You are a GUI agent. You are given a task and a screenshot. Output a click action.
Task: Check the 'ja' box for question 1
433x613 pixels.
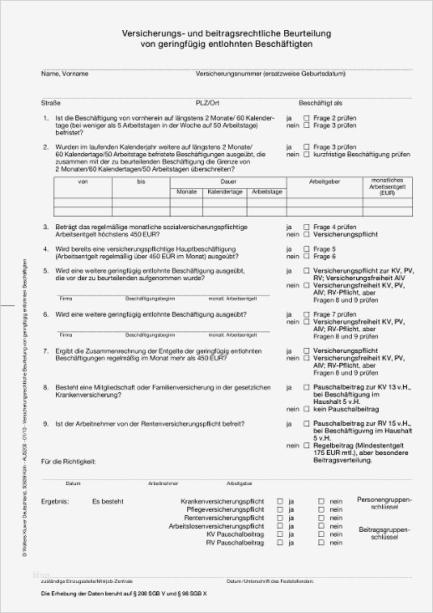click(306, 119)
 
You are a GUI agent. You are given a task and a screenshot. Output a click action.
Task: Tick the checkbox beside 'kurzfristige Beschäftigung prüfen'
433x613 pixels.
click(306, 155)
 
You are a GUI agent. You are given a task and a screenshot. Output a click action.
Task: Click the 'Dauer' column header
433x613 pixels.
click(228, 181)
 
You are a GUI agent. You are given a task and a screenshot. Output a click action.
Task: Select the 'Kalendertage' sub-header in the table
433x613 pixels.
click(226, 192)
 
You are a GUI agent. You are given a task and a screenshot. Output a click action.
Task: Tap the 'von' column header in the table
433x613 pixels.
click(83, 181)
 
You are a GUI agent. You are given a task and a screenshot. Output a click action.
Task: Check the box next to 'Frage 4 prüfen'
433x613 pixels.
click(306, 227)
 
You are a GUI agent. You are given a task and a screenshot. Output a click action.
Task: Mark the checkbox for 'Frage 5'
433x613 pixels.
click(306, 248)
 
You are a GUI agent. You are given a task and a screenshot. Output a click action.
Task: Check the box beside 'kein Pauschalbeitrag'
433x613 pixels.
click(306, 411)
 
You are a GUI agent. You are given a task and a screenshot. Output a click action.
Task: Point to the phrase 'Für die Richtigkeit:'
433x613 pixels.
click(69, 461)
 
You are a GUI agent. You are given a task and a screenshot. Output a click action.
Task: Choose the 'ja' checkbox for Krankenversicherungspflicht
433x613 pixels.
click(280, 501)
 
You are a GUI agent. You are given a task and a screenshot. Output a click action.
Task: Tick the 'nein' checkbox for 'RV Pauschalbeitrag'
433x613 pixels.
click(320, 544)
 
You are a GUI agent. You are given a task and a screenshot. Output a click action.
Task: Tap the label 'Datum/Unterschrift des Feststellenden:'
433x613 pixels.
click(269, 580)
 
